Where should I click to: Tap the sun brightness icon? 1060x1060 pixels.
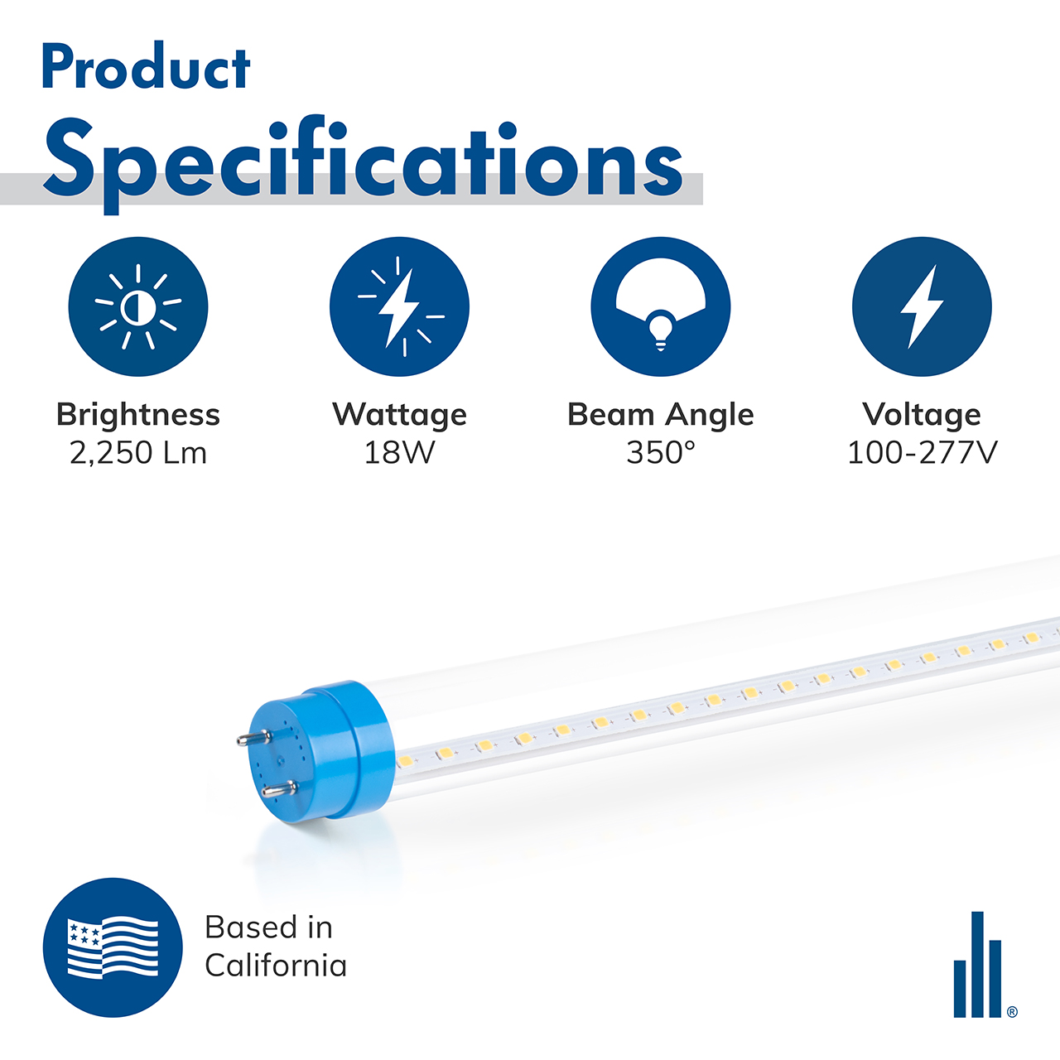[138, 306]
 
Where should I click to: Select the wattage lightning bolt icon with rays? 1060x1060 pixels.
[399, 306]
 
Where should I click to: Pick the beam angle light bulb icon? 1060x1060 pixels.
[661, 306]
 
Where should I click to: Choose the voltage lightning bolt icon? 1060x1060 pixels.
[922, 306]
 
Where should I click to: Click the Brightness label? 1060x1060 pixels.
[138, 414]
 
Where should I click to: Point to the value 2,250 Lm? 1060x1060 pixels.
[138, 453]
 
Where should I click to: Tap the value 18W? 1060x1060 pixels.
[399, 453]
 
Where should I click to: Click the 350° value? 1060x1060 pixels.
[661, 453]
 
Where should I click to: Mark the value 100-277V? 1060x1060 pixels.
[922, 453]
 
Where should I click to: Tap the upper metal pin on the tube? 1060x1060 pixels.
[253, 738]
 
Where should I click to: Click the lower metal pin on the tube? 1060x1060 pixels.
[278, 791]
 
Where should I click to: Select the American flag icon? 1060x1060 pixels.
[113, 947]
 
